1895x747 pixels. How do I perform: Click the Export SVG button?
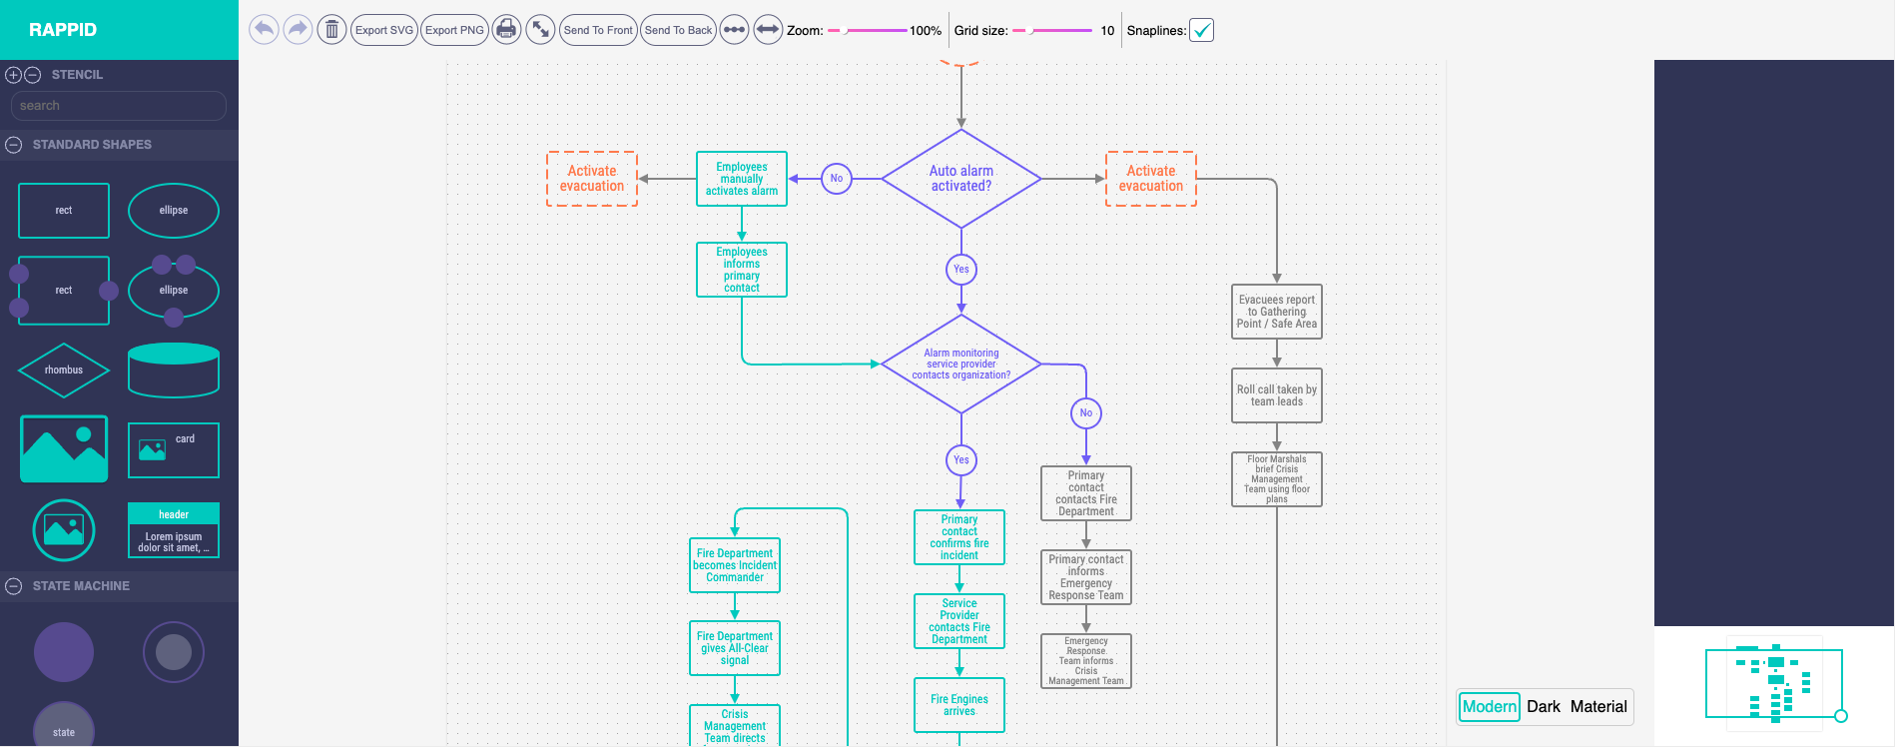coord(384,30)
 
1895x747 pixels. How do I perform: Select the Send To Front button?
coord(598,30)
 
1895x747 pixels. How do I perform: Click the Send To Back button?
coord(678,30)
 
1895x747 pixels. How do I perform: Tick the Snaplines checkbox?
coord(1202,30)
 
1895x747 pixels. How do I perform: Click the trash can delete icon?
coord(331,30)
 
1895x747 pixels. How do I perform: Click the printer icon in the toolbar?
coord(506,30)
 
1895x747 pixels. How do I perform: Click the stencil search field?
coord(118,106)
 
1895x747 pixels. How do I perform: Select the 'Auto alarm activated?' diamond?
coord(961,179)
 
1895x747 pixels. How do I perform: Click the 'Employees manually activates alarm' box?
coord(742,179)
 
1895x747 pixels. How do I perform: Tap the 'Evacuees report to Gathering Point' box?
coord(1277,312)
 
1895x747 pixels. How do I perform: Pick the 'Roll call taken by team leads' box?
coord(1277,396)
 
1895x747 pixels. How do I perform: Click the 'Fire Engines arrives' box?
coord(959,705)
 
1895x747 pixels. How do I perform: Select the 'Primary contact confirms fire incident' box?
coord(959,537)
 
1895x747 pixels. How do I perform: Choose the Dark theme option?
coord(1543,707)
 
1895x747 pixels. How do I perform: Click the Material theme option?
coord(1598,707)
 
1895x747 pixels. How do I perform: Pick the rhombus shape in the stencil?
coord(64,371)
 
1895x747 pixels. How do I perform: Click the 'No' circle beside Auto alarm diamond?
coord(837,179)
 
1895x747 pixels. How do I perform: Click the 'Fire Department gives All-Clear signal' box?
coord(735,648)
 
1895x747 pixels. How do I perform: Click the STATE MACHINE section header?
coord(81,586)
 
